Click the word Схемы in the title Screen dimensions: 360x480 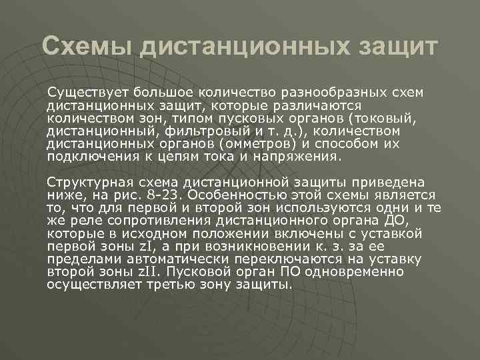(84, 47)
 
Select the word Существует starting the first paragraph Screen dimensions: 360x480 (87, 91)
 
